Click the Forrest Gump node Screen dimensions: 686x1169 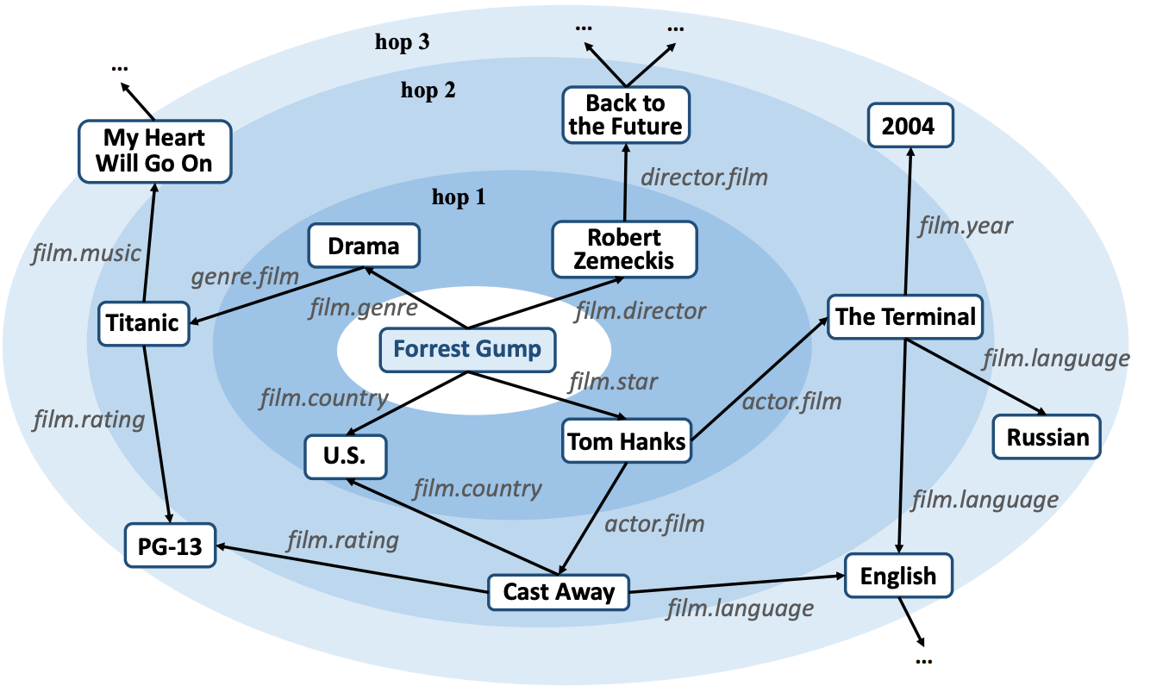[x=467, y=350]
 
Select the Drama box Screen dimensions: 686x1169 [x=364, y=246]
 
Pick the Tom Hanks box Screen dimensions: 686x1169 [x=627, y=442]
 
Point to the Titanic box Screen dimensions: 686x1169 [x=142, y=323]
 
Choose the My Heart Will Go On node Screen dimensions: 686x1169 [x=154, y=151]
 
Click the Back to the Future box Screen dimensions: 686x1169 [x=625, y=115]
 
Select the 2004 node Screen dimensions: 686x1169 [x=908, y=127]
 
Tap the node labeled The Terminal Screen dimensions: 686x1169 [x=905, y=317]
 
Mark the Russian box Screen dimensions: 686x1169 [x=1047, y=437]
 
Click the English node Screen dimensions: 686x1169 [x=897, y=576]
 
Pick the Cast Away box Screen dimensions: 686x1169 [x=559, y=592]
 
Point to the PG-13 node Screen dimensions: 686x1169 [x=169, y=546]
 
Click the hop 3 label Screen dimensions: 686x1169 [x=402, y=42]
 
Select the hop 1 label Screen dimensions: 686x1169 [x=459, y=198]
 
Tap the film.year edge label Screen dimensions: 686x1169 [x=966, y=227]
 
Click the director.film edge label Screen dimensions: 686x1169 [x=703, y=178]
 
